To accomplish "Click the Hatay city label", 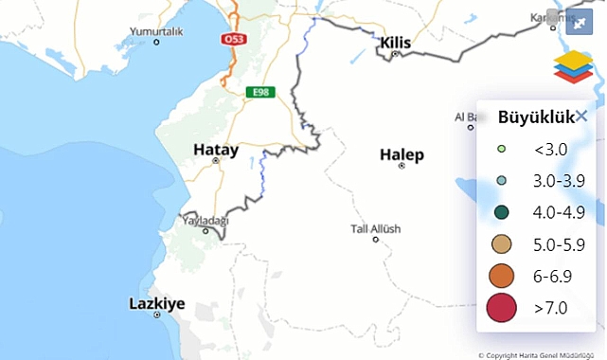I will [215, 149].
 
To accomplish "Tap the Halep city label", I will [402, 154].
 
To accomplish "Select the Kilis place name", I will [397, 43].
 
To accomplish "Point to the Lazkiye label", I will [156, 304].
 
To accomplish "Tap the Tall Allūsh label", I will [376, 229].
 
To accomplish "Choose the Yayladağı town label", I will [206, 220].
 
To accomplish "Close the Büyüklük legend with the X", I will [581, 116].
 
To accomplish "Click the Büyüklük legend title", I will [530, 117].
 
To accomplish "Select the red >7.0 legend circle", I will [501, 308].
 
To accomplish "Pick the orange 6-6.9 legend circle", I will [501, 276].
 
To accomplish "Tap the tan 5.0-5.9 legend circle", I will [501, 244].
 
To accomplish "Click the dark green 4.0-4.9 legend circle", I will [501, 212].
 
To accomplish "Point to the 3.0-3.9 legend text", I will [552, 180].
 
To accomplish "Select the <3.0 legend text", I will [549, 149].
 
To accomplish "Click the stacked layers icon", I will [572, 67].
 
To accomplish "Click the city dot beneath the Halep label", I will [402, 166].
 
